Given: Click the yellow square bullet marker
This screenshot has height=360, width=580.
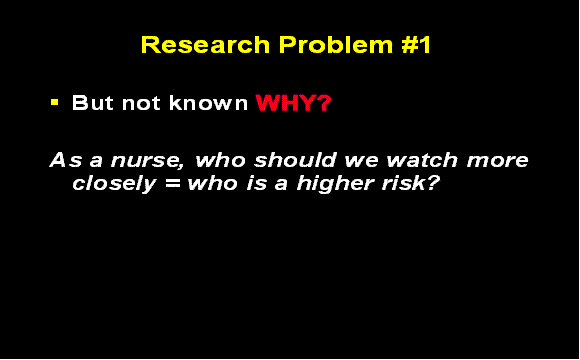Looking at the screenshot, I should pyautogui.click(x=56, y=102).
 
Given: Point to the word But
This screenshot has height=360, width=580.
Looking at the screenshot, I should pyautogui.click(x=92, y=103).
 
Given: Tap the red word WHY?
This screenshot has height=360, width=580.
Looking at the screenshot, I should pyautogui.click(x=293, y=103).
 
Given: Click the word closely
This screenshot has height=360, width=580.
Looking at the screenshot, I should pyautogui.click(x=111, y=184).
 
